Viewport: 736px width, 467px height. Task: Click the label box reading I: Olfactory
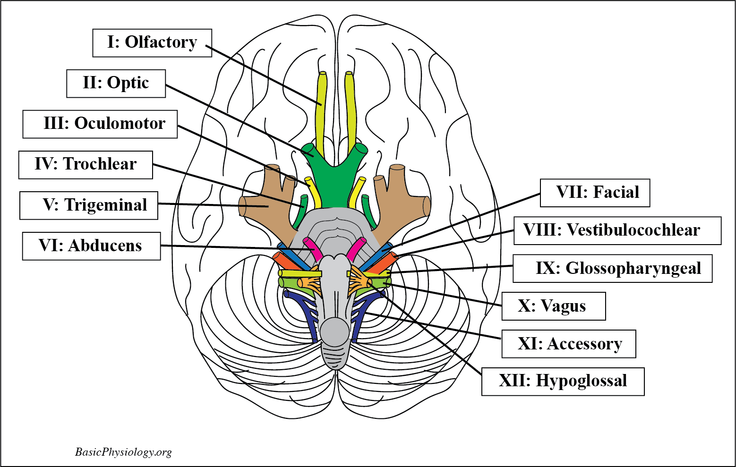[152, 42]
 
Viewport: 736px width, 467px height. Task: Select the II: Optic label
[116, 83]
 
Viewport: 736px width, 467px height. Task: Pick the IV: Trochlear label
[86, 164]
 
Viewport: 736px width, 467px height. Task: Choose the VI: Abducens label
[91, 246]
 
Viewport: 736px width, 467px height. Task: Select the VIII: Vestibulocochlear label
[617, 230]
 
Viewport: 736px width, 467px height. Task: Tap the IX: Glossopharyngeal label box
[612, 268]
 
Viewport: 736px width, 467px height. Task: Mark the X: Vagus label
[553, 306]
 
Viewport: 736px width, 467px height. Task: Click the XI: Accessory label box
[568, 344]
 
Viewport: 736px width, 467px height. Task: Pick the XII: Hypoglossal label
[563, 381]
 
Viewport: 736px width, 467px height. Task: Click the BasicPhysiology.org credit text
[123, 452]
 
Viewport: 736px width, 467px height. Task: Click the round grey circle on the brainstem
[335, 330]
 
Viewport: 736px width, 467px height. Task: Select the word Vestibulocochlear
[633, 230]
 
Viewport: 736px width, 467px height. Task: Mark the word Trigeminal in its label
[106, 205]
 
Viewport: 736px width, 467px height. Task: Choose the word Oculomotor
[120, 124]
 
